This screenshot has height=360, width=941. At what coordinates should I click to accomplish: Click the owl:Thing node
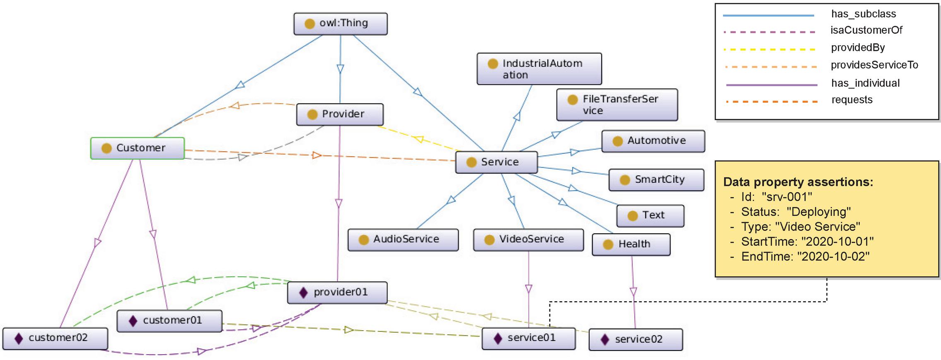coord(340,24)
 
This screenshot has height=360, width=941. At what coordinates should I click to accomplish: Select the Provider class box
coord(340,114)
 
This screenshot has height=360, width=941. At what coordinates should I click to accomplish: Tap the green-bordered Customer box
coord(137,148)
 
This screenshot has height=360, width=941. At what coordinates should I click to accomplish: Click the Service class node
coord(496,162)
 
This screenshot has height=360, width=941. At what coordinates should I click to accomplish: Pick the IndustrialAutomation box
coord(539,69)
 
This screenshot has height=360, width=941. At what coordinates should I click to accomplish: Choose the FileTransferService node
coord(617,105)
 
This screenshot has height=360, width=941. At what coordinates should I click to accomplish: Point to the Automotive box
coord(653,141)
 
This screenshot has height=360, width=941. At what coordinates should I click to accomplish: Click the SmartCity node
coord(656,180)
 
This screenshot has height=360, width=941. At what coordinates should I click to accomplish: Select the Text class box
coord(650,215)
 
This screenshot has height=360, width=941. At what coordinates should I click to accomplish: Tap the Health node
coord(631,244)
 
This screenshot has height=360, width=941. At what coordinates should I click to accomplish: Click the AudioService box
coord(403,239)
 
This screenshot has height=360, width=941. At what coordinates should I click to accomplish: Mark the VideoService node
coord(528,239)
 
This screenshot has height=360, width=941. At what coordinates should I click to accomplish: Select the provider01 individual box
coord(337,292)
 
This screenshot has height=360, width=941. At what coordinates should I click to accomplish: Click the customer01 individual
coord(169,321)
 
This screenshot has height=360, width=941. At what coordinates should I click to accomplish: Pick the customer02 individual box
coord(55,338)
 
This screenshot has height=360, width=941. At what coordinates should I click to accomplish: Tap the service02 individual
coord(635,340)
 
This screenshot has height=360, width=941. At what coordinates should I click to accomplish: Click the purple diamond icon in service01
coord(498,338)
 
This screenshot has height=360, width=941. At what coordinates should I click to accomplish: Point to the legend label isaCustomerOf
coord(866,30)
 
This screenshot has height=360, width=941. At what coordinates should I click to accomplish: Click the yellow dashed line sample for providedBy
coord(769,50)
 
